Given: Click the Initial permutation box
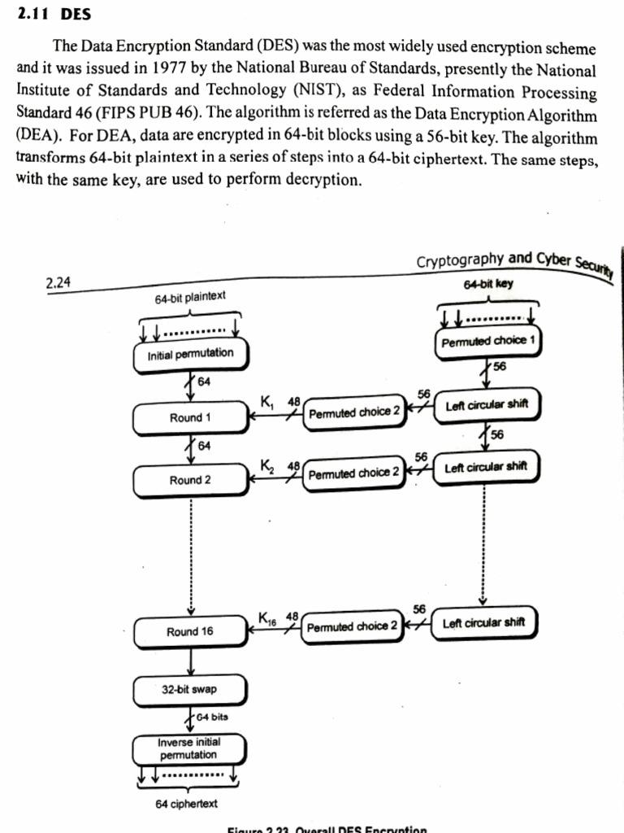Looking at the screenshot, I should point(190,355).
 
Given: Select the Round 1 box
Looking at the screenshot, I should point(190,417).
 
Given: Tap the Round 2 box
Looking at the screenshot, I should point(190,480).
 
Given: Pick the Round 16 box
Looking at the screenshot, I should point(190,631).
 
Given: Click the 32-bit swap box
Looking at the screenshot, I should point(189,690).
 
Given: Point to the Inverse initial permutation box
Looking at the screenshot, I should point(189,749).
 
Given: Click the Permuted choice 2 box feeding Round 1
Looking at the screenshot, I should point(354,412).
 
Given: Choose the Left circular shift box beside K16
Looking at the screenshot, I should point(485,623).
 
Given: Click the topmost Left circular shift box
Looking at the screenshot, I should point(486,405).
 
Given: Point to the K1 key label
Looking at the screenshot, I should point(267,401).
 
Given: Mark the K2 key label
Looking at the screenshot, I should point(266,465).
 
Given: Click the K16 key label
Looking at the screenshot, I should point(268,617).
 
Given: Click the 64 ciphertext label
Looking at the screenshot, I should point(187,804).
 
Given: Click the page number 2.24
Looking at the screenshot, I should point(59,282).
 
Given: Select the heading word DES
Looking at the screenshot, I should point(76,15).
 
